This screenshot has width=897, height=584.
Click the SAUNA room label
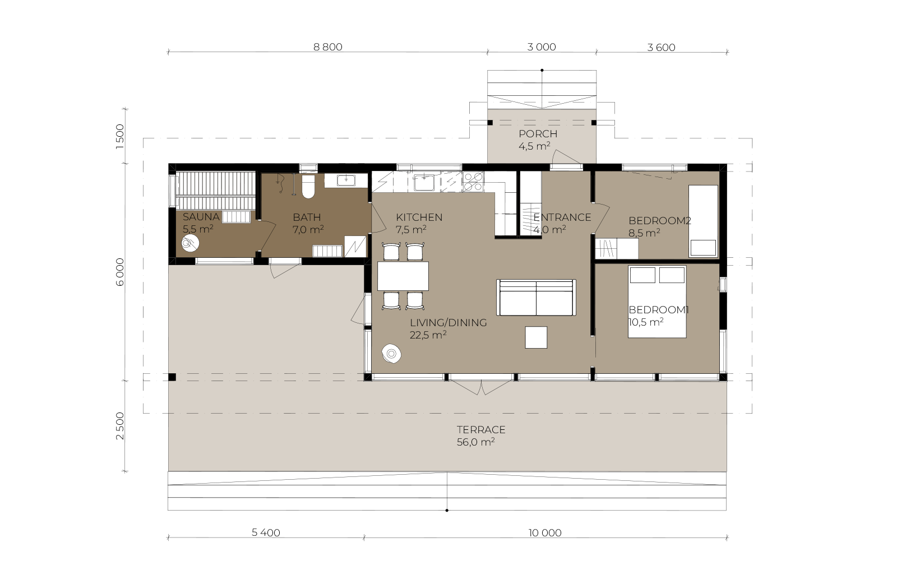201,217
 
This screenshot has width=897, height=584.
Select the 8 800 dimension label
328,47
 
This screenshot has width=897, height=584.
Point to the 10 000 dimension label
545,533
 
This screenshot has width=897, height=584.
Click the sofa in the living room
536,298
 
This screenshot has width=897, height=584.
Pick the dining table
403,276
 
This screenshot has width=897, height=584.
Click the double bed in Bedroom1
657,302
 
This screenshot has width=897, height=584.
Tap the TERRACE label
481,430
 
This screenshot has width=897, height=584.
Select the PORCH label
538,134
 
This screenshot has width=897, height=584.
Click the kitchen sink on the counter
422,182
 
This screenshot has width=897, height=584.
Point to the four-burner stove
473,182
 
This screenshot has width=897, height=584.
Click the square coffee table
536,337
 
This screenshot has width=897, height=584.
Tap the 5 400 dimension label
266,533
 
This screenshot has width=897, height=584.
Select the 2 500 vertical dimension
120,426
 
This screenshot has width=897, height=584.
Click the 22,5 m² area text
428,335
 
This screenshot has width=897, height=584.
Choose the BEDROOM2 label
660,221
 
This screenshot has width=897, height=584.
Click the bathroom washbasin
345,180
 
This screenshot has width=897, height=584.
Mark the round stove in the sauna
190,243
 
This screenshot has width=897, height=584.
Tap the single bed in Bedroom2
703,221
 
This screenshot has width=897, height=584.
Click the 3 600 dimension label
661,48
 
